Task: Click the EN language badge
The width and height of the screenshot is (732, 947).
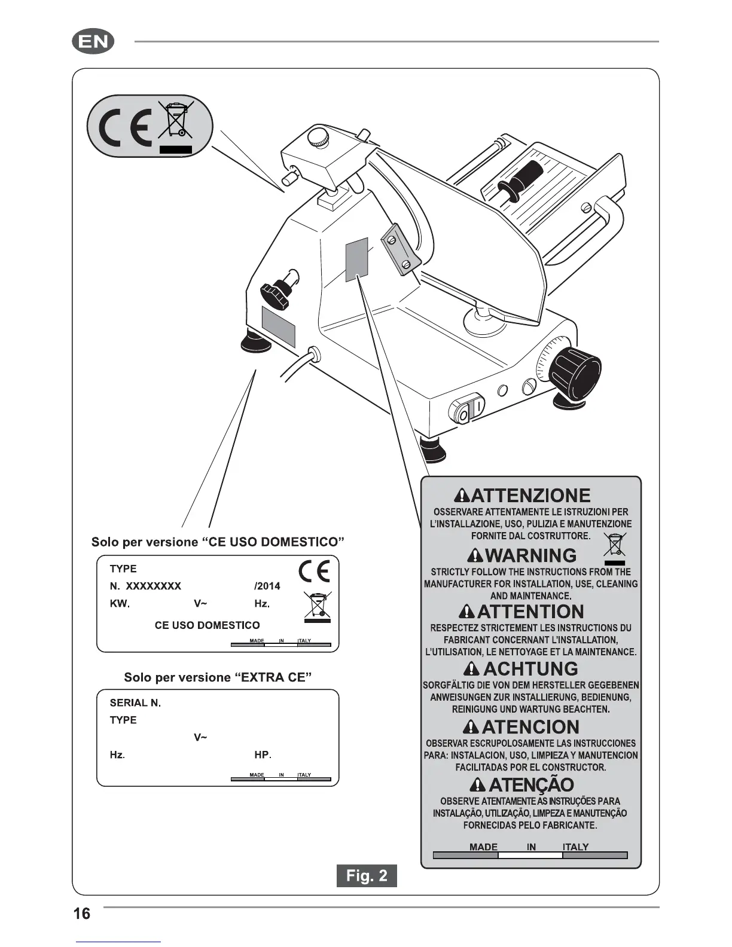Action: [x=93, y=42]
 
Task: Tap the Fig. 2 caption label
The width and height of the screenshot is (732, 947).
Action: [x=367, y=876]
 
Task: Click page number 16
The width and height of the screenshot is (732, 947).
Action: [x=82, y=914]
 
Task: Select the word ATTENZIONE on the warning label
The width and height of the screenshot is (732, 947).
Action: [x=530, y=496]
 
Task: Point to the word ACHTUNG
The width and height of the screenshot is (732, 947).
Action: [x=530, y=668]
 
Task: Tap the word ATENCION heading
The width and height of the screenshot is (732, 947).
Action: [x=530, y=727]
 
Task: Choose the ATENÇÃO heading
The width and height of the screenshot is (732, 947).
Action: [x=530, y=784]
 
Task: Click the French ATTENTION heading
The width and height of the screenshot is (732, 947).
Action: [x=530, y=612]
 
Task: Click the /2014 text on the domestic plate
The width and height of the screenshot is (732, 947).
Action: [x=267, y=586]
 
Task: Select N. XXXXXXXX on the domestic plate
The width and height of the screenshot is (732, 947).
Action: [x=145, y=586]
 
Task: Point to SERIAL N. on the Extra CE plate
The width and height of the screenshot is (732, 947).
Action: [x=135, y=703]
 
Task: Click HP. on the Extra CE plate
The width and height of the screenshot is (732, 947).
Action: [x=263, y=755]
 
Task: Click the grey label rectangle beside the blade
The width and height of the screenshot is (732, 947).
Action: [x=356, y=258]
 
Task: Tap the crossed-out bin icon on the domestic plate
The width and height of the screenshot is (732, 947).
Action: [x=318, y=606]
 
